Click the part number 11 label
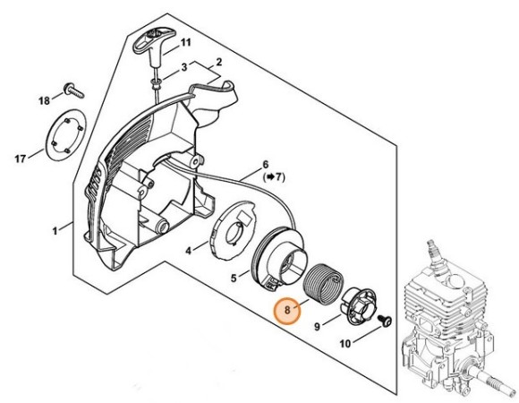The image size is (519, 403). [x=185, y=42]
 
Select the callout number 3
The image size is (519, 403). [x=183, y=67]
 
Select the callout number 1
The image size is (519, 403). [x=55, y=230]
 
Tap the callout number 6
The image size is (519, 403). [x=265, y=165]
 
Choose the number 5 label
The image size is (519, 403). [x=234, y=279]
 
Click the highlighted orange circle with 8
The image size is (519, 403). [x=286, y=311]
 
